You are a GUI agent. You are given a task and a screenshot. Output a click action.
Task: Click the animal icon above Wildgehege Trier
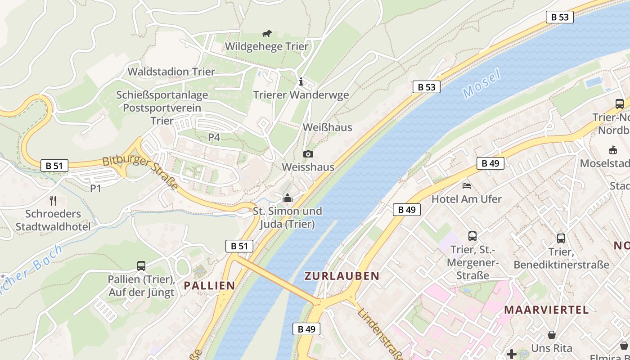pos(267,34)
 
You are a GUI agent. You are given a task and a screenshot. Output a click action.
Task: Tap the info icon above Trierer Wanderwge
pos(301,82)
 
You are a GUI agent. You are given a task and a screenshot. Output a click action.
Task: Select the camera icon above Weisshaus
pos(308,154)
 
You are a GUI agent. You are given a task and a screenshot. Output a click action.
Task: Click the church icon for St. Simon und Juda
pos(287,198)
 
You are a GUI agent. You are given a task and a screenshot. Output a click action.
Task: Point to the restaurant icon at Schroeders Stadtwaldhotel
pos(53,200)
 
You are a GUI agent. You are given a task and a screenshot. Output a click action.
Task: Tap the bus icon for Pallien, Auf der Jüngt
pos(141,266)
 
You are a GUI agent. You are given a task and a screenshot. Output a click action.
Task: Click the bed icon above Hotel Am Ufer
pos(467,185)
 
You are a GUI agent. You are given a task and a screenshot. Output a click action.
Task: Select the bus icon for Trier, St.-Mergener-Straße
pos(472,236)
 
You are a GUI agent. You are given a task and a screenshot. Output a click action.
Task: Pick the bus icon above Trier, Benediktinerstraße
pos(561,238)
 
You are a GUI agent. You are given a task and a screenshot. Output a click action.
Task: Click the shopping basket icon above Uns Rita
pos(551,335)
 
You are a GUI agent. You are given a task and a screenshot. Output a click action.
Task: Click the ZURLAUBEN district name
pos(342,276)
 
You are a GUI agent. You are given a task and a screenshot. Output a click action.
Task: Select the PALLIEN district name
pos(209,285)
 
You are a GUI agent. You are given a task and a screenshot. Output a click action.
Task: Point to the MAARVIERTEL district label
pos(546,310)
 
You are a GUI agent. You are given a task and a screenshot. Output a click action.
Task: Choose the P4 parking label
pos(214,137)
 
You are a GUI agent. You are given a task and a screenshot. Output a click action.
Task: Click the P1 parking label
pos(95,189)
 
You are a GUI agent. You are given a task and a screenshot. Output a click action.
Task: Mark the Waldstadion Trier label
pos(171,72)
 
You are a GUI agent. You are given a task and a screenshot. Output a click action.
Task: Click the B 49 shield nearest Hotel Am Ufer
pos(490,163)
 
